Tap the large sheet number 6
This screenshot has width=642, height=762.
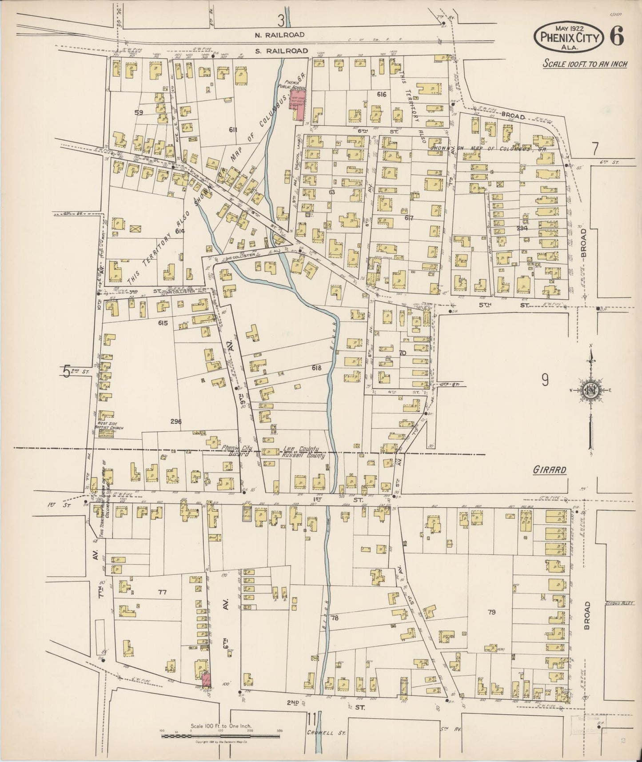[618, 36]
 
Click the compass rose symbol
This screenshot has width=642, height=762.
[590, 390]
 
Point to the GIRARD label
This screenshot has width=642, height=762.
[549, 470]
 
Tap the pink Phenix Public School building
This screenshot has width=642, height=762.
[297, 104]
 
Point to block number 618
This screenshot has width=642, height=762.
[316, 368]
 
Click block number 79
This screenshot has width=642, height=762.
[491, 612]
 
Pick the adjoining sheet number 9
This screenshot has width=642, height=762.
[545, 379]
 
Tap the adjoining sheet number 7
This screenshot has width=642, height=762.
[595, 147]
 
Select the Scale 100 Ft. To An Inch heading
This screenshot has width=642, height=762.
[585, 64]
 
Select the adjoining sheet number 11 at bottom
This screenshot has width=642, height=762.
[313, 718]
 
